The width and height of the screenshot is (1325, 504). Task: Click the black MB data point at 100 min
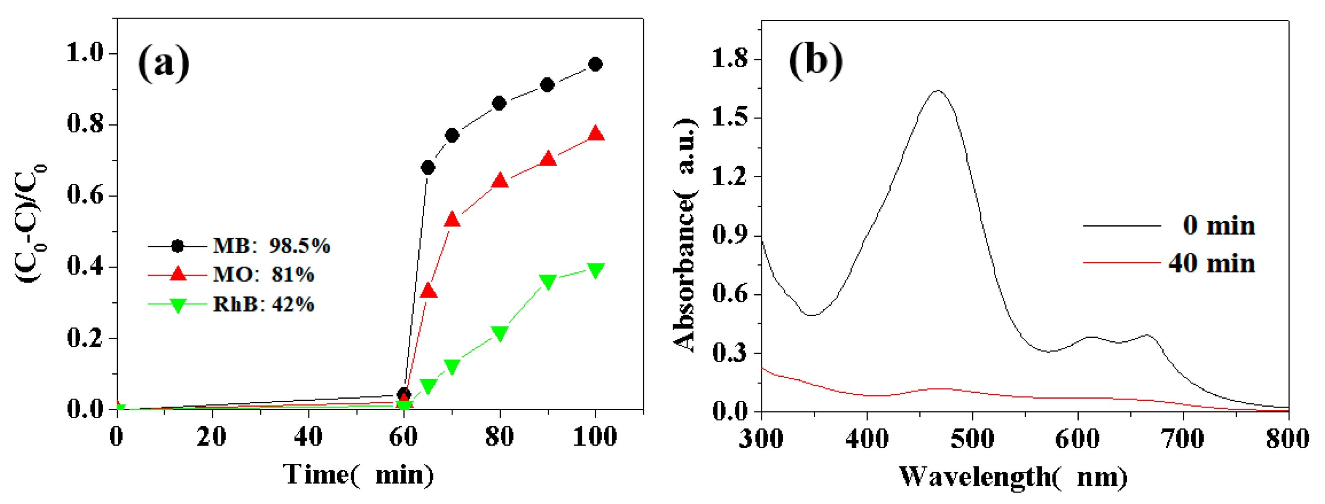(x=595, y=64)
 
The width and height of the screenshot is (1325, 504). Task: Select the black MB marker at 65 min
(x=428, y=167)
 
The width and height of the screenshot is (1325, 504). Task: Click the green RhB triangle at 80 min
(x=499, y=333)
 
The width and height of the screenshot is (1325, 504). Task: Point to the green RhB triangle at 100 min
(x=595, y=271)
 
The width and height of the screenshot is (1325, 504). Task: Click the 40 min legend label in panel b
(x=1211, y=263)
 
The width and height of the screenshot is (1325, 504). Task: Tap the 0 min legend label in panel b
(x=1219, y=225)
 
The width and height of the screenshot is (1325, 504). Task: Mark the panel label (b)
(x=815, y=61)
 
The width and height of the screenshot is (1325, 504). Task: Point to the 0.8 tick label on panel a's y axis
(x=85, y=124)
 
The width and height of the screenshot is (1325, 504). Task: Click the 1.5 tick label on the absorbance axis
(x=729, y=118)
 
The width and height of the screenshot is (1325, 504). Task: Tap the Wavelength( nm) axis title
(x=1012, y=477)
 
